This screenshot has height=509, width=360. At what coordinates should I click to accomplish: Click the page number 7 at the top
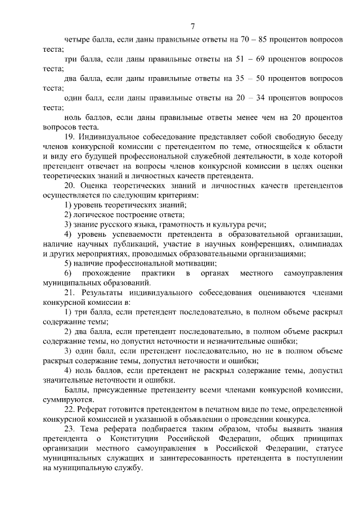[192, 26]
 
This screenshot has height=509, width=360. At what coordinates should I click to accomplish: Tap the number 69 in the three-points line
[257, 58]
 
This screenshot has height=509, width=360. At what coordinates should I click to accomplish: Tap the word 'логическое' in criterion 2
[91, 214]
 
